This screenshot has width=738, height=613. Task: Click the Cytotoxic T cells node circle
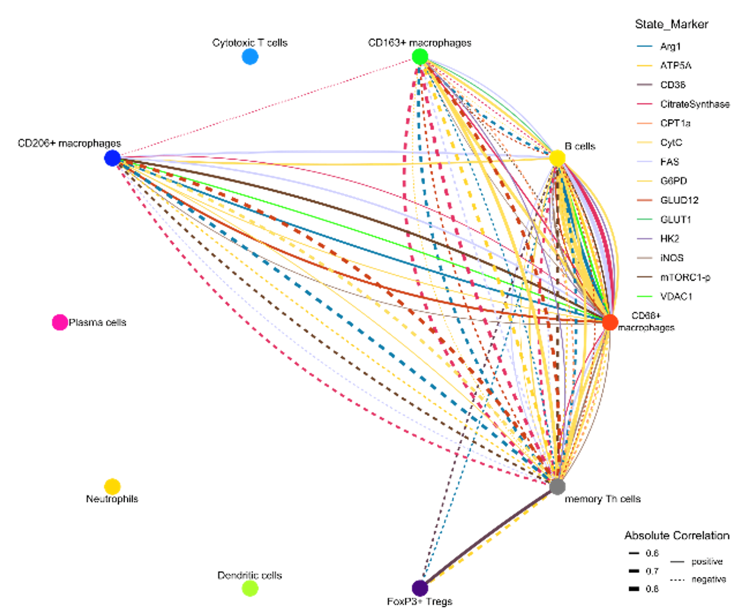pyautogui.click(x=250, y=57)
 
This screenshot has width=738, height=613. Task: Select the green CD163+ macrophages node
pyautogui.click(x=420, y=57)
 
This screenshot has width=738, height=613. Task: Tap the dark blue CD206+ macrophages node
pyautogui.click(x=112, y=158)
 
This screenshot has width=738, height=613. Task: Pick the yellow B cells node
pyautogui.click(x=558, y=158)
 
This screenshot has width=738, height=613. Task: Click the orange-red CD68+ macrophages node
pyautogui.click(x=610, y=323)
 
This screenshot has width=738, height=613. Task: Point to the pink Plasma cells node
pyautogui.click(x=60, y=322)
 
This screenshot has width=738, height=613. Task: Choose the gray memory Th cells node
pyautogui.click(x=558, y=487)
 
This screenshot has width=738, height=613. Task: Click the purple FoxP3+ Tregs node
pyautogui.click(x=420, y=588)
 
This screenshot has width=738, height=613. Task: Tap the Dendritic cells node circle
pyautogui.click(x=250, y=588)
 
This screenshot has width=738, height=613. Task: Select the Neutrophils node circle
pyautogui.click(x=112, y=486)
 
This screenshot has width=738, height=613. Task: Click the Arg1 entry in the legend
pyautogui.click(x=670, y=46)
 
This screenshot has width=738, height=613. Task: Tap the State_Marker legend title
pyautogui.click(x=670, y=24)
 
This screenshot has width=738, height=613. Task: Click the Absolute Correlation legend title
pyautogui.click(x=677, y=536)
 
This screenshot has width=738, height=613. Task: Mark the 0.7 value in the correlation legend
pyautogui.click(x=652, y=571)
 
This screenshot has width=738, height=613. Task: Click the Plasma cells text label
pyautogui.click(x=97, y=322)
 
